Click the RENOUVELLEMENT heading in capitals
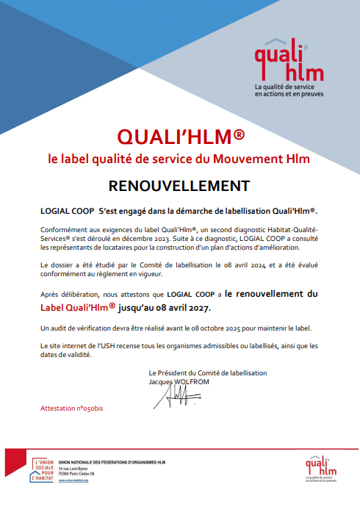(179, 184)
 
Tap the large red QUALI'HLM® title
(180, 137)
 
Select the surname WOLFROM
(194, 383)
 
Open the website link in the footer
(73, 480)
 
